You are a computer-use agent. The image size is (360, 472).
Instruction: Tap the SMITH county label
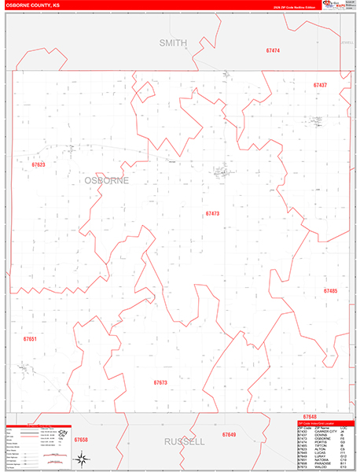click(x=174, y=42)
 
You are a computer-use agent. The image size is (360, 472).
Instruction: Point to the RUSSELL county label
click(x=184, y=442)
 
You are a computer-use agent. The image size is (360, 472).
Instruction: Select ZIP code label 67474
click(x=273, y=50)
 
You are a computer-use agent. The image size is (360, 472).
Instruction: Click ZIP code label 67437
click(x=319, y=85)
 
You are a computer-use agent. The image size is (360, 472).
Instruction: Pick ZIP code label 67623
click(x=39, y=165)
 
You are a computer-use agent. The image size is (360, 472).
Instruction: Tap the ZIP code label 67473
click(x=212, y=214)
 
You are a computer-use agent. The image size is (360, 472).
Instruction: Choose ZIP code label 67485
click(x=330, y=291)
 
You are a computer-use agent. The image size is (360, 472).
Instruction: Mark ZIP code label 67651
click(x=30, y=338)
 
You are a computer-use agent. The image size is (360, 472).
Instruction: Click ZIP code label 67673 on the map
click(x=160, y=382)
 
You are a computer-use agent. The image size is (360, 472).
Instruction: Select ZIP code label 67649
click(x=229, y=434)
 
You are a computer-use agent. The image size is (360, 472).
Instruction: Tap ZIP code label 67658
click(x=81, y=440)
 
